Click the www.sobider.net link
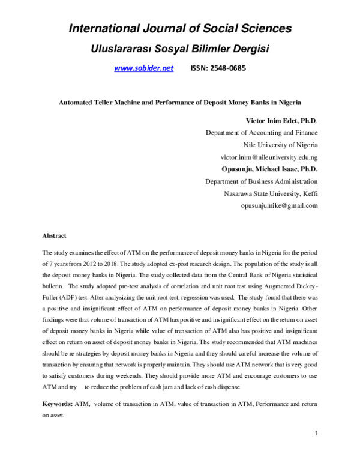point(143,69)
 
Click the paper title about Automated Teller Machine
point(179,102)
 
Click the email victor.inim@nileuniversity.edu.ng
point(269,157)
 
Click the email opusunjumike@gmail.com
point(279,205)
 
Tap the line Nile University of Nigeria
point(280,145)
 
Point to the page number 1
point(316,449)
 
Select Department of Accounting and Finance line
point(262,132)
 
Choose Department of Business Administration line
point(262,181)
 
